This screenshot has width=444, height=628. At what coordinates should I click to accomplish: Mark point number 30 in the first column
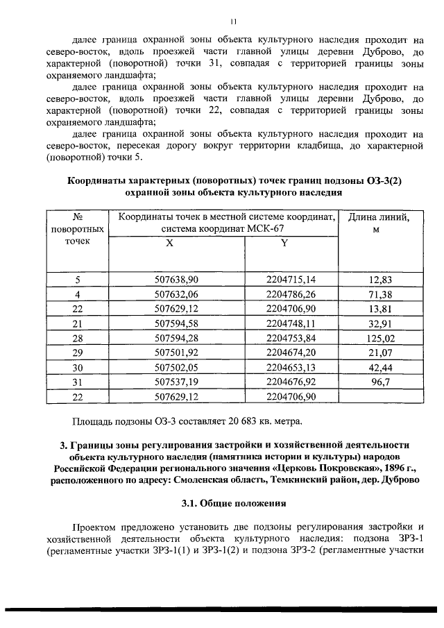point(78,367)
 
